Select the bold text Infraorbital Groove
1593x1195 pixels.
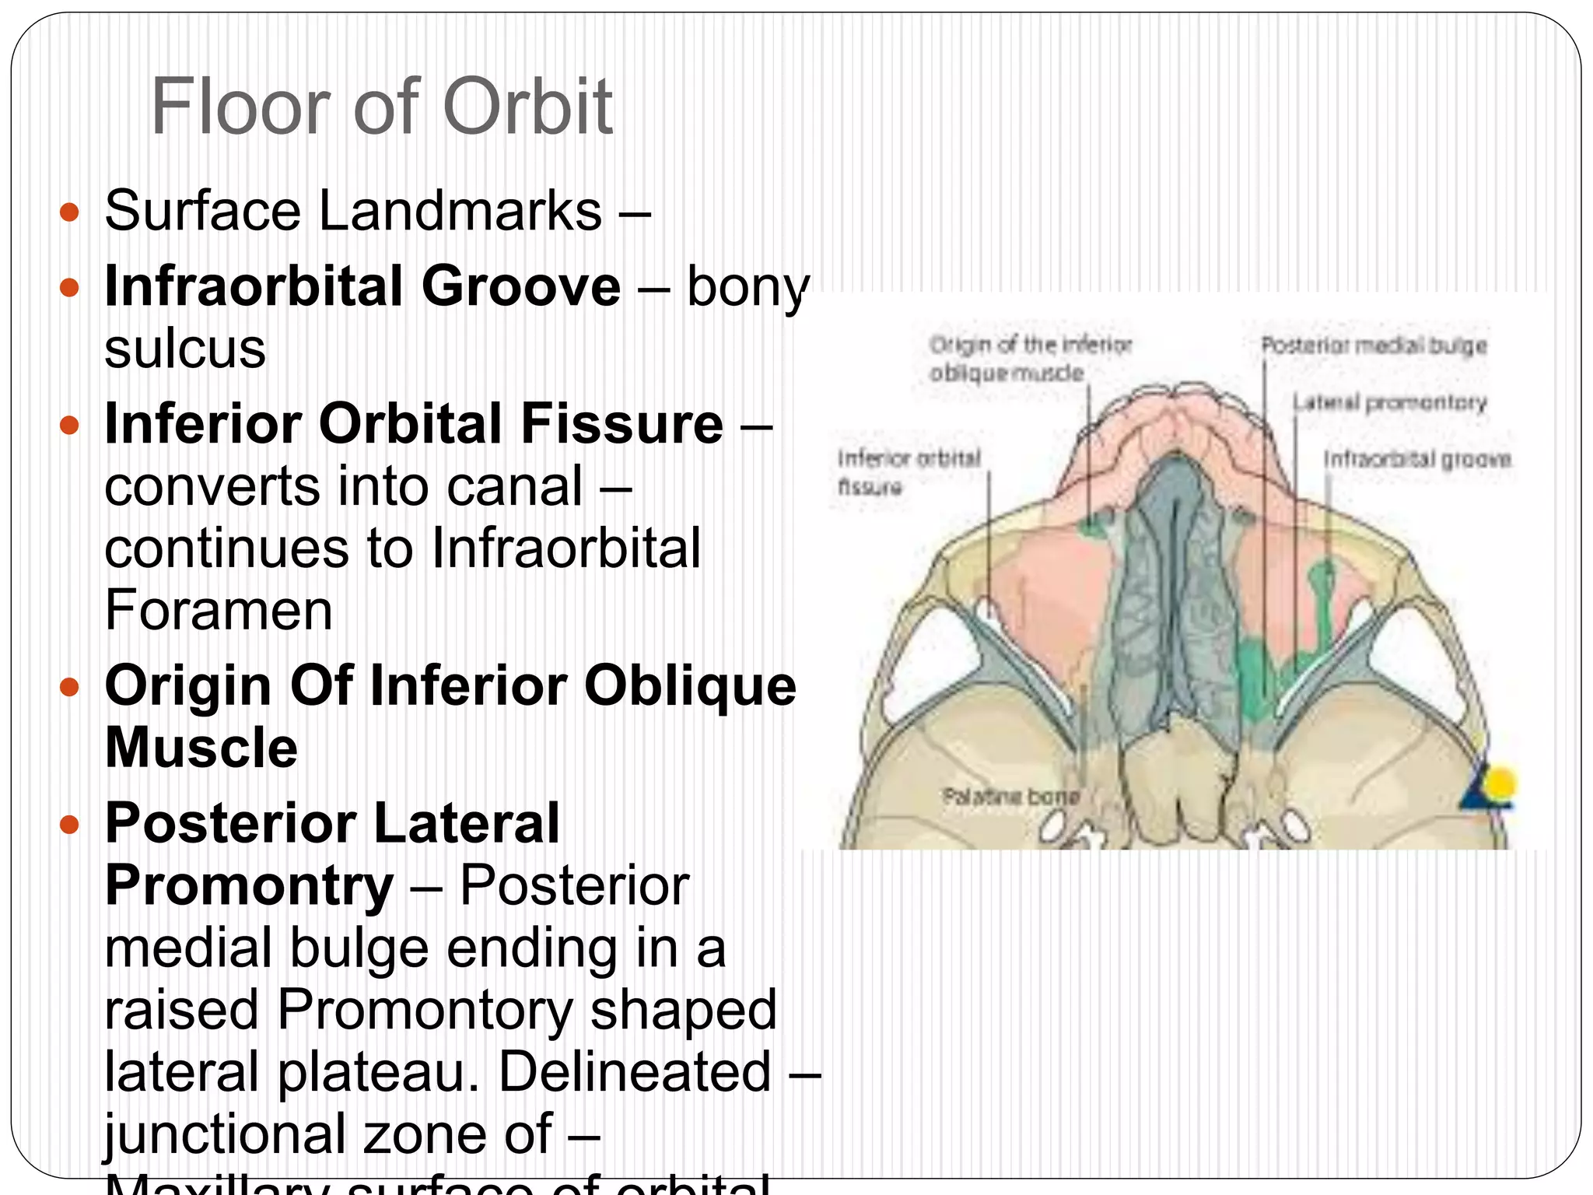coord(362,286)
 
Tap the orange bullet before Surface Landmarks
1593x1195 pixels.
coord(70,212)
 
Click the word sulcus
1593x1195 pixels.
coord(185,349)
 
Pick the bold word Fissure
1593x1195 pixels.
coord(621,424)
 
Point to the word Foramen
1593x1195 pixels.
coord(219,610)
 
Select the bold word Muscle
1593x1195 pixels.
coord(201,748)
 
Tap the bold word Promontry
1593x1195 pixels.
coord(249,886)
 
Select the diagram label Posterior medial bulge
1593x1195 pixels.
coord(1373,345)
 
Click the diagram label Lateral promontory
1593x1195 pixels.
coord(1389,402)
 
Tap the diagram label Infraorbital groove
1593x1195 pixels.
coord(1416,459)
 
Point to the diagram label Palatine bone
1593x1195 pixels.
coord(1010,797)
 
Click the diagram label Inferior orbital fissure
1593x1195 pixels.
coord(907,471)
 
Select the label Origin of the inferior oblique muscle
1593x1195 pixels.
coord(1028,358)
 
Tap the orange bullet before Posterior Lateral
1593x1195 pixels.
coord(70,825)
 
